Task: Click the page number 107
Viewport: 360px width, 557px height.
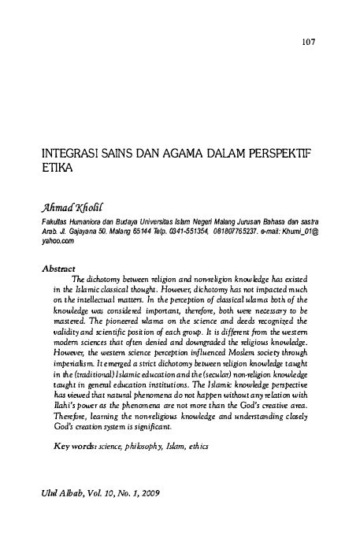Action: [308, 41]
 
